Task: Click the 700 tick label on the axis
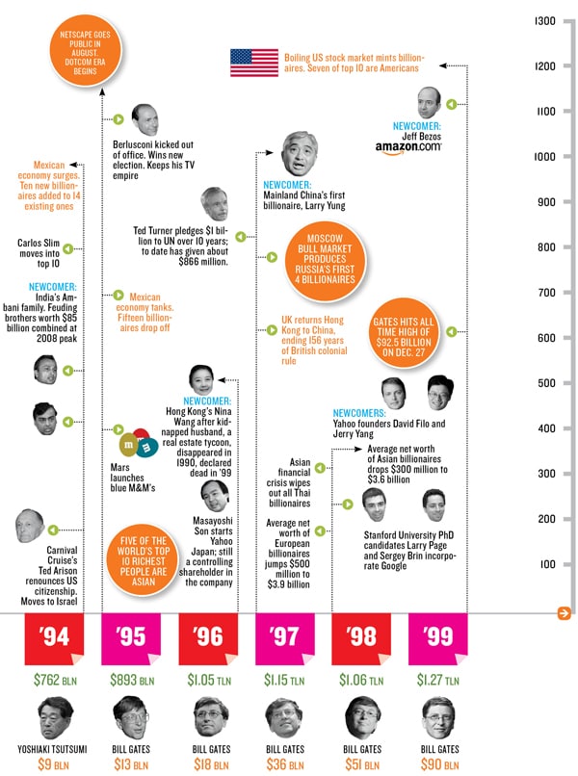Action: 545,293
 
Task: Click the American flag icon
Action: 253,63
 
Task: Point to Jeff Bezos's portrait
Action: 428,102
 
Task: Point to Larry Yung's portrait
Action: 302,152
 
